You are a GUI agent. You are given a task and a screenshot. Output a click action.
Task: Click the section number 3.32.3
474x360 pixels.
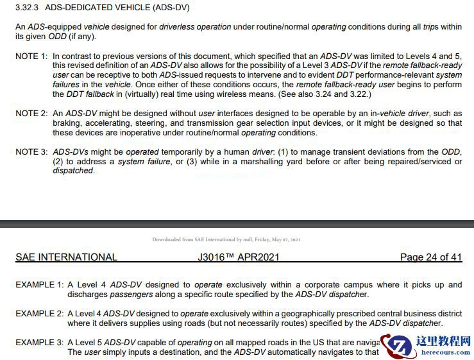pyautogui.click(x=28, y=8)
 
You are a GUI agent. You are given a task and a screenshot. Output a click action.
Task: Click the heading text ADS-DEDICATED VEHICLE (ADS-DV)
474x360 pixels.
pyautogui.click(x=117, y=8)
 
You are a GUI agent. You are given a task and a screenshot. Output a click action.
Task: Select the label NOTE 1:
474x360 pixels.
pyautogui.click(x=31, y=56)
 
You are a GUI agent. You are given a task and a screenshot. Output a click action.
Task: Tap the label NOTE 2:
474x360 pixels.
pyautogui.click(x=31, y=114)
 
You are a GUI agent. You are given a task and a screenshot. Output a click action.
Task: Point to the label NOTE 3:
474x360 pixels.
pyautogui.click(x=31, y=152)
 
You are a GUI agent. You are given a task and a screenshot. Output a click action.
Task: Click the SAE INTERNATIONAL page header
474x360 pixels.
pyautogui.click(x=67, y=257)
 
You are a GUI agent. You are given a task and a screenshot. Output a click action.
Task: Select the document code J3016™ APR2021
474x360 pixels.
pyautogui.click(x=239, y=257)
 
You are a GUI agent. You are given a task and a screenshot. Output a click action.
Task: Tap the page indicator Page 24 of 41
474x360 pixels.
pyautogui.click(x=430, y=257)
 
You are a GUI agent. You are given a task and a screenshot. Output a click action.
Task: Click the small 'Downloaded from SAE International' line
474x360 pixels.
pyautogui.click(x=226, y=239)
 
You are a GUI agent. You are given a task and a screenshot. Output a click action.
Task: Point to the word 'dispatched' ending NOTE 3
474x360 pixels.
pyautogui.click(x=72, y=171)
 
